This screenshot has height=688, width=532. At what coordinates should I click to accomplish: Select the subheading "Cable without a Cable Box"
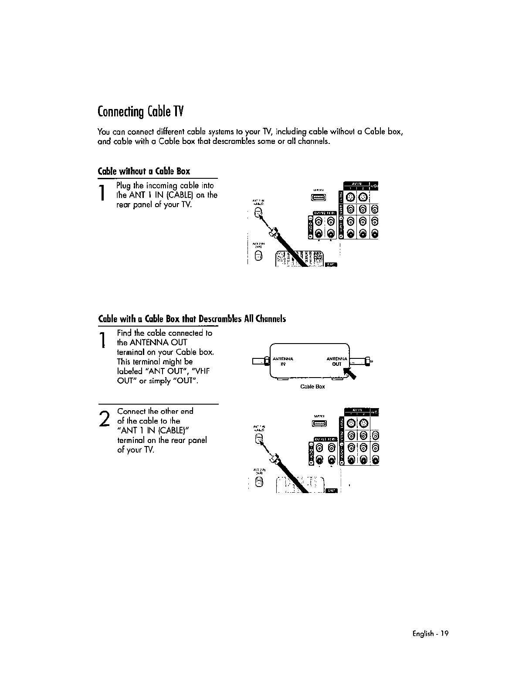tap(144, 171)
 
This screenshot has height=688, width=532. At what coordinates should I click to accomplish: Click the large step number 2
tap(104, 419)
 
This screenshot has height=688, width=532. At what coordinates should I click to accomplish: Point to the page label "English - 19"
tap(429, 634)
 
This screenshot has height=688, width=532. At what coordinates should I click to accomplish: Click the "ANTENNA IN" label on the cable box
tap(283, 361)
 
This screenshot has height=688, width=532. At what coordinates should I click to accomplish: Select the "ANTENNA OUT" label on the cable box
tap(336, 361)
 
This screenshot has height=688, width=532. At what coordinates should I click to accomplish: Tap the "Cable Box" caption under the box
tap(313, 387)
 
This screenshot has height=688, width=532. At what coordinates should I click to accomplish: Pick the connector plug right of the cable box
tap(368, 361)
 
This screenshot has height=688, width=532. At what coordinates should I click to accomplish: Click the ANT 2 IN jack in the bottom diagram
tap(259, 482)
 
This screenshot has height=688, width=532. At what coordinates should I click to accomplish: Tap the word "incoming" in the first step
tap(158, 185)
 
